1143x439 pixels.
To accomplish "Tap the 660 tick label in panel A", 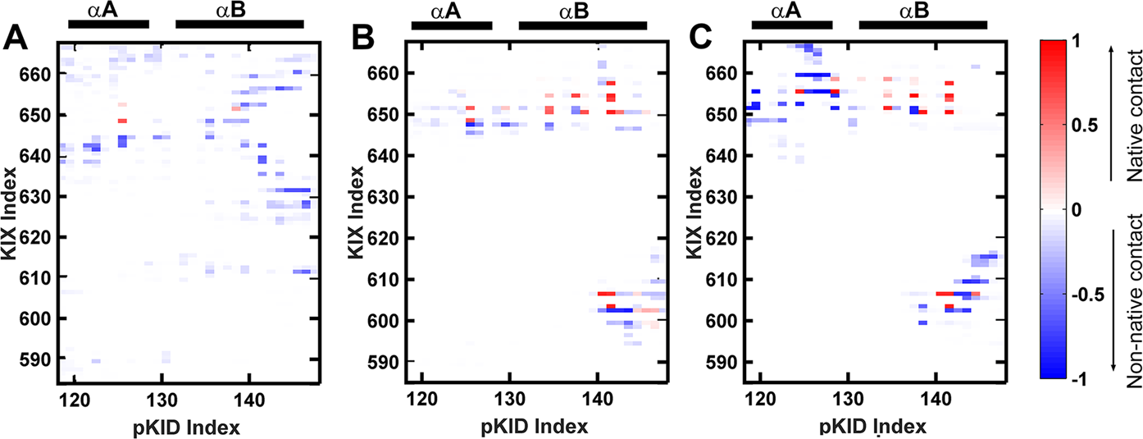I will pos(38,74).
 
